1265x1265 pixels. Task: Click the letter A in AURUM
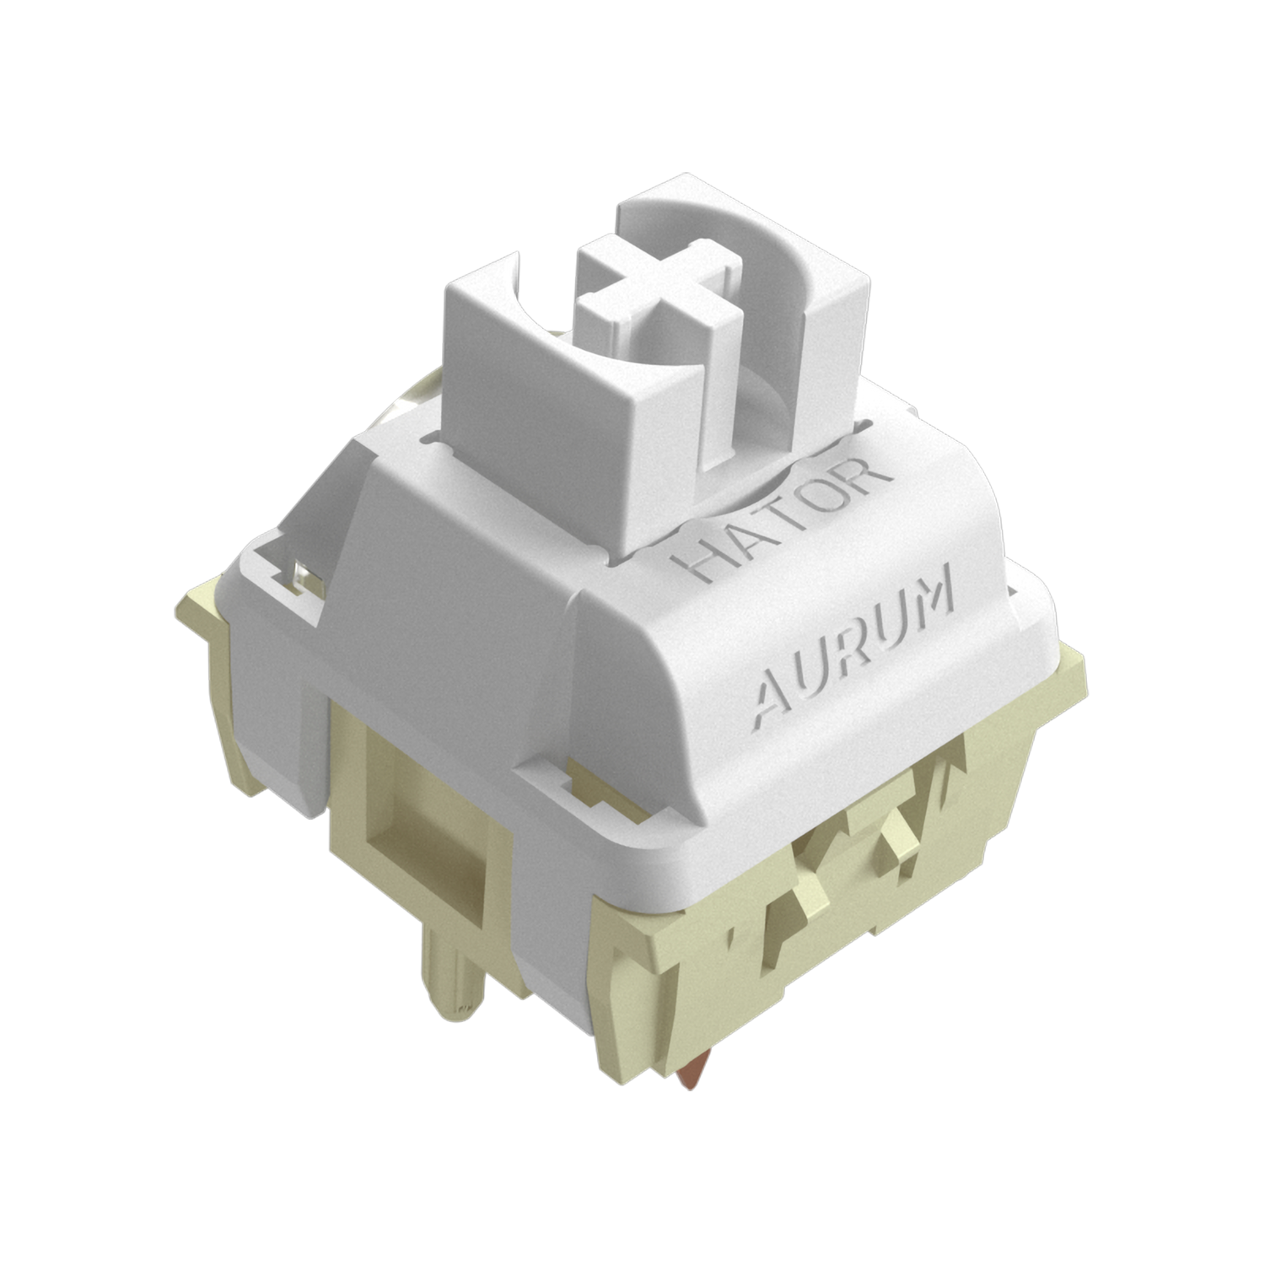click(x=772, y=695)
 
